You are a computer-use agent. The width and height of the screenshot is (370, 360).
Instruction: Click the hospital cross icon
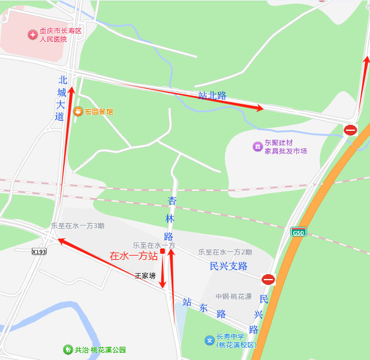[x=32, y=35]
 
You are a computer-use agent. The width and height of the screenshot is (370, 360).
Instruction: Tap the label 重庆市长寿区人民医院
[x=61, y=35]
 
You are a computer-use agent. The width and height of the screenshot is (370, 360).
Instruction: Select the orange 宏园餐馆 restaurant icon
[x=78, y=111]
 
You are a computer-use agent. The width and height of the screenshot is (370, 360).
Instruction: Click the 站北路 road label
[x=212, y=95]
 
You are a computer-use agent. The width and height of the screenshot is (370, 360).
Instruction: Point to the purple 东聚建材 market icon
[x=257, y=146]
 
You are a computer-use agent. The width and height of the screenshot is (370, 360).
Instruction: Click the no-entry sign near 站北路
[x=350, y=130]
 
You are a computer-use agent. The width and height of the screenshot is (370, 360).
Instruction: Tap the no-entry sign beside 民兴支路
[x=268, y=279]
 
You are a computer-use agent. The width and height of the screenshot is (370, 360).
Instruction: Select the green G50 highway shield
[x=298, y=232]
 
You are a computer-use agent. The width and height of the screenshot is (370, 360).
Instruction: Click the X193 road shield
[x=39, y=251]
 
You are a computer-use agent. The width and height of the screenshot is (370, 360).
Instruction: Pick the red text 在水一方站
[x=133, y=256]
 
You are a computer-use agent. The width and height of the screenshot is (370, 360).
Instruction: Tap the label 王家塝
[x=145, y=276]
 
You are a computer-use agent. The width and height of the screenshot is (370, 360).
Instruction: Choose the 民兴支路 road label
[x=228, y=266]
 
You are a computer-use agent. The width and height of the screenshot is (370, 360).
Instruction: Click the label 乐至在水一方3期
[x=77, y=226]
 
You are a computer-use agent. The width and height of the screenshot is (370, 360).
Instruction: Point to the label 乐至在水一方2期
[x=225, y=252]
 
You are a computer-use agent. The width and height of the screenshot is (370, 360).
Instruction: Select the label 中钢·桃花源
[x=233, y=296]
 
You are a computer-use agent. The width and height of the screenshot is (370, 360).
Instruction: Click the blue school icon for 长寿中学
[x=209, y=341]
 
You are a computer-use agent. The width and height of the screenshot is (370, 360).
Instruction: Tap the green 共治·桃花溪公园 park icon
[x=68, y=350]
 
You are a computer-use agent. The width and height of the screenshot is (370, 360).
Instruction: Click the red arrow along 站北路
[x=198, y=97]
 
